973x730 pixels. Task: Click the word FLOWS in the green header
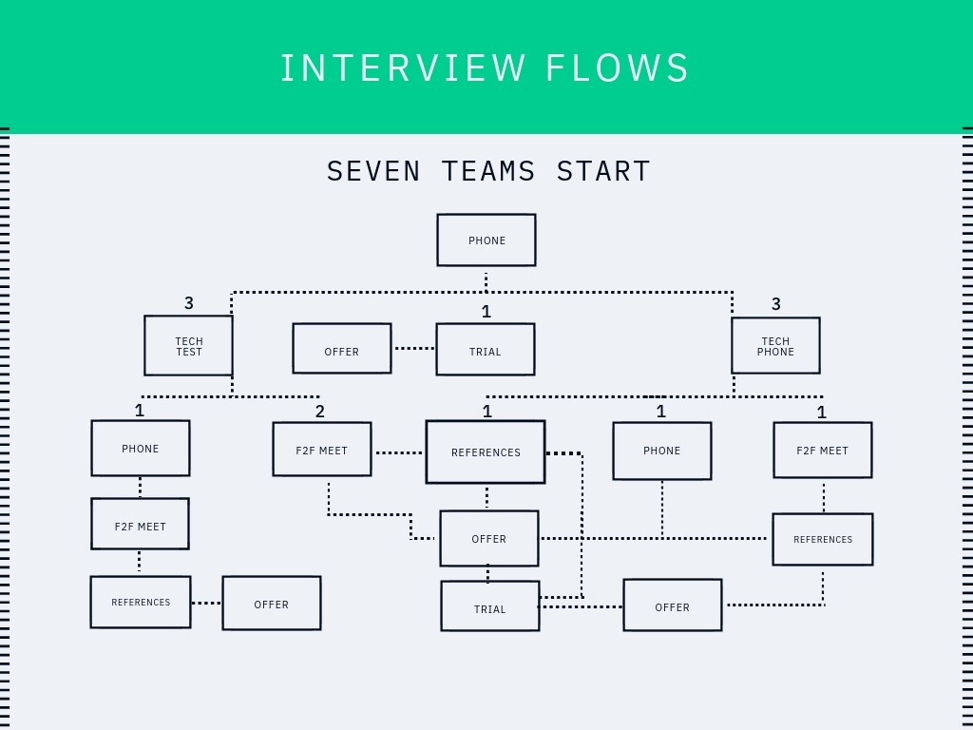click(618, 68)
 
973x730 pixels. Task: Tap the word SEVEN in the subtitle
click(373, 171)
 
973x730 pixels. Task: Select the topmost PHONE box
click(486, 240)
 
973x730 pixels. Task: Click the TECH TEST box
click(188, 346)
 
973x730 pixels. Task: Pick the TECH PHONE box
click(775, 346)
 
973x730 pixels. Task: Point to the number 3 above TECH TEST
click(189, 303)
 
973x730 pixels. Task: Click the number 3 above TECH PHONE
click(776, 304)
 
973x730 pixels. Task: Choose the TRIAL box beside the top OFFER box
click(485, 349)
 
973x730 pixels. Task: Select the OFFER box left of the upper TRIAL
click(341, 349)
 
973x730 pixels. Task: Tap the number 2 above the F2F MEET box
click(320, 412)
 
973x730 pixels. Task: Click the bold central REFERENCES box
click(486, 452)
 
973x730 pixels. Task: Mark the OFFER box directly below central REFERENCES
click(488, 538)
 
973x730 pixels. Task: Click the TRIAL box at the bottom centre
click(489, 606)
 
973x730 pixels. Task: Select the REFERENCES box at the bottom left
click(141, 602)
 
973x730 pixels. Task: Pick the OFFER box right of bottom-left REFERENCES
click(271, 604)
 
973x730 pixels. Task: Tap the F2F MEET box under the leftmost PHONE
click(140, 524)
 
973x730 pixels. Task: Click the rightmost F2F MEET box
click(822, 451)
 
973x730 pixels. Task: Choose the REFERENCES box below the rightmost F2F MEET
click(822, 539)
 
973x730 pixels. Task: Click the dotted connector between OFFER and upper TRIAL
click(413, 348)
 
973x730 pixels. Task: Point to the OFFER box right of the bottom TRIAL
click(672, 605)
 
